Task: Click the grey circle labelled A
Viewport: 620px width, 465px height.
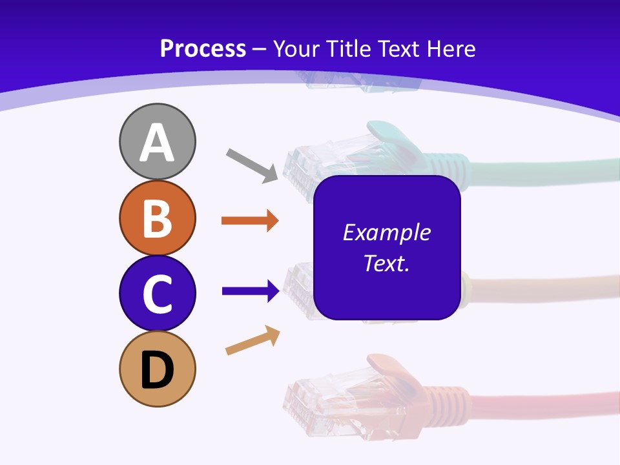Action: [157, 141]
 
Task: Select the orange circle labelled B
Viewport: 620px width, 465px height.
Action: [157, 218]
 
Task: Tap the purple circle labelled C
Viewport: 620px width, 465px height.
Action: [157, 293]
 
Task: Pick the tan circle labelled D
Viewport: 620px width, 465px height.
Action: [157, 369]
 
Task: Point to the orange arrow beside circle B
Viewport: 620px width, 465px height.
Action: [250, 221]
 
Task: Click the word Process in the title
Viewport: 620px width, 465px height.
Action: [203, 48]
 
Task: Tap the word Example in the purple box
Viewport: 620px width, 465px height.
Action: [386, 232]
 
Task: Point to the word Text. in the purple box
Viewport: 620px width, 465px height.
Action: [386, 263]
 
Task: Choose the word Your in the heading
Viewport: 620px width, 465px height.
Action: [296, 48]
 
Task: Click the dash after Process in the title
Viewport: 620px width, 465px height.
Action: [260, 49]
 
